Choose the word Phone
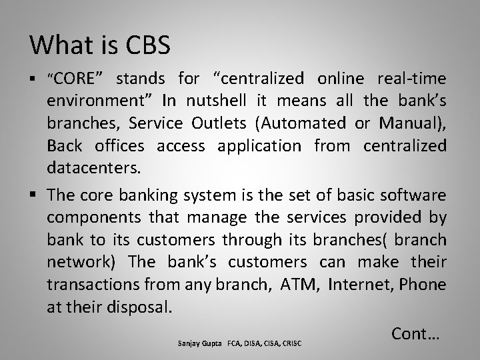425,285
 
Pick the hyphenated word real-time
412,79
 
